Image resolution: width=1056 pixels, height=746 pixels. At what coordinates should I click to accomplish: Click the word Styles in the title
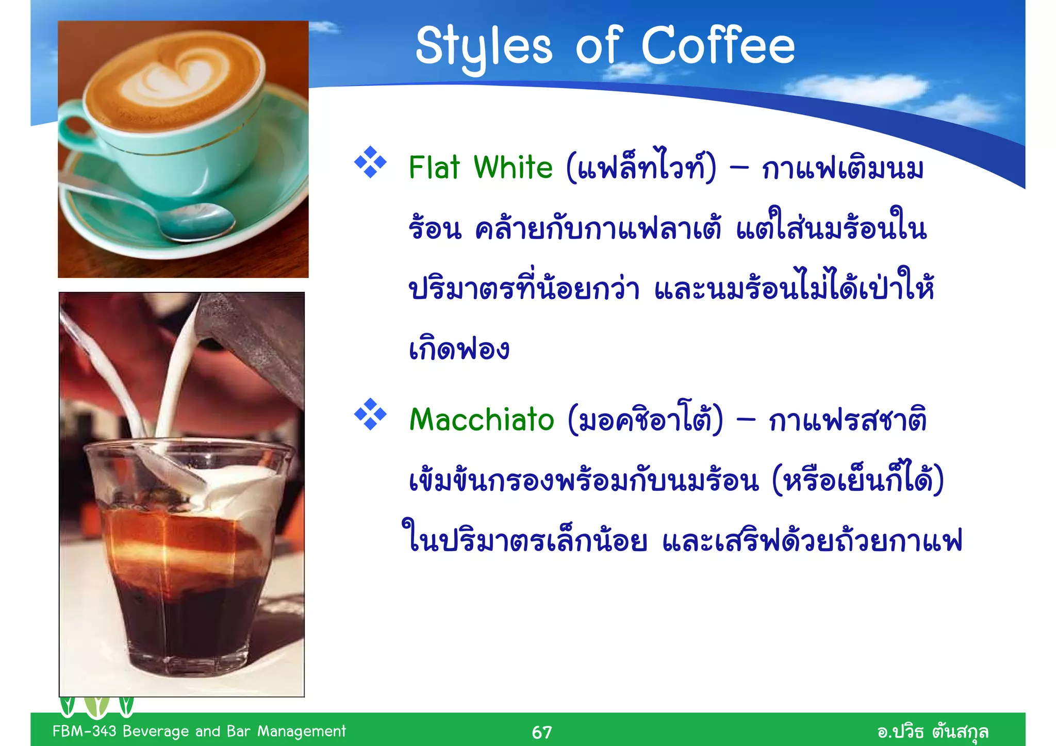point(483,47)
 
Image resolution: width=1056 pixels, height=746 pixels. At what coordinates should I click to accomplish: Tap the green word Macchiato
point(482,419)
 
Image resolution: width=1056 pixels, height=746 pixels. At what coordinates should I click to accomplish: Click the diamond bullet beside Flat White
point(370,162)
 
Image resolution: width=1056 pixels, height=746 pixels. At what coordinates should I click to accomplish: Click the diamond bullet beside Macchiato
point(370,414)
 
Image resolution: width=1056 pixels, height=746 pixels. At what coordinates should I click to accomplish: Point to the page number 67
point(541,732)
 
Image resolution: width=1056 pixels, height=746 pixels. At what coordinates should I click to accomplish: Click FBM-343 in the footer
point(85,731)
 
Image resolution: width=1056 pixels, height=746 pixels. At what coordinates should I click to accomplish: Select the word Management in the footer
point(302,731)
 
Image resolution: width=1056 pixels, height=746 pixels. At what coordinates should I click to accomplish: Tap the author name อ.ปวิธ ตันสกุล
point(932,732)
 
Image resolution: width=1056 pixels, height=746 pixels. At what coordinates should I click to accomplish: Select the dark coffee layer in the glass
point(186,619)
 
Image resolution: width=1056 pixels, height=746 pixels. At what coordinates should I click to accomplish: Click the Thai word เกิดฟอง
point(459,349)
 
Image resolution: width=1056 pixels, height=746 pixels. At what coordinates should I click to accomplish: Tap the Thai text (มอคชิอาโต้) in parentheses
point(645,419)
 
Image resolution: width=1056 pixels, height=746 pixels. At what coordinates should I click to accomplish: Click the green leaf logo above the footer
point(96,706)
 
